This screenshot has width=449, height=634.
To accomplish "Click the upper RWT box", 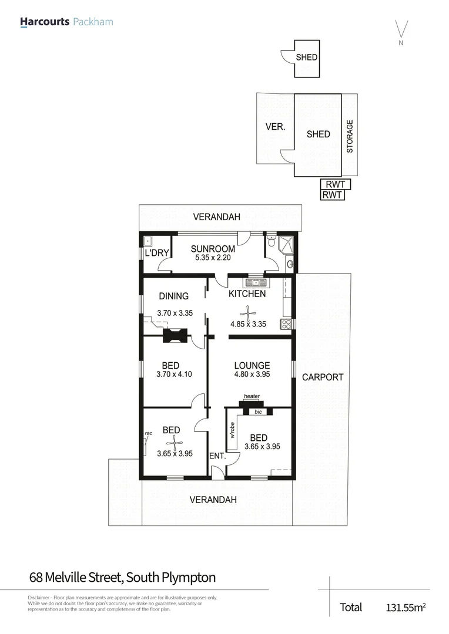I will point(336,184).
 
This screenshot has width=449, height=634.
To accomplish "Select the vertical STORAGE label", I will point(350,136).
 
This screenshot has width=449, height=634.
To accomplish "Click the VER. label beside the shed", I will point(275,127).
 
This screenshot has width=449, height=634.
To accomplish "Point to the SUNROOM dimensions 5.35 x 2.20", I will point(213,258).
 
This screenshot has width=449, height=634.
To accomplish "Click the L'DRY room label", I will point(157,253).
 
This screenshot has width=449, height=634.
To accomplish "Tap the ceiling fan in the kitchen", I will point(248,312).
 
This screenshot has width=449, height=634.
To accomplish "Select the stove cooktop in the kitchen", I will point(286,324).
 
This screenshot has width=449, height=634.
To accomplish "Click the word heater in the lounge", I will point(252,396).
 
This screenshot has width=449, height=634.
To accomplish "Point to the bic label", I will point(257,412).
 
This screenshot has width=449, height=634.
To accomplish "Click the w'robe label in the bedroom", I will point(233,431).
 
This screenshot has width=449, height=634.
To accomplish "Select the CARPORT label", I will point(322,377).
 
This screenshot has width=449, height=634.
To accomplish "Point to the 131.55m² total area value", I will point(406,607).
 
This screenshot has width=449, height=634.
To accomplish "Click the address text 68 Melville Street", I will point(76,577).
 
